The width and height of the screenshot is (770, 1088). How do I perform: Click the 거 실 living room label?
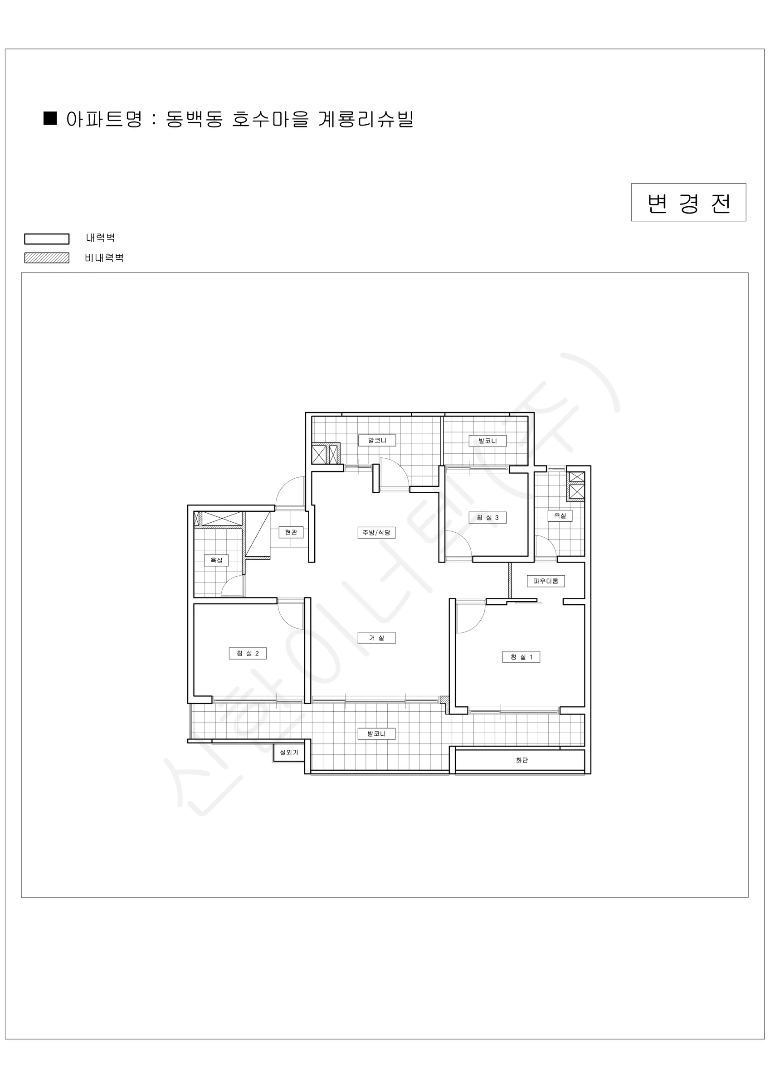(x=376, y=638)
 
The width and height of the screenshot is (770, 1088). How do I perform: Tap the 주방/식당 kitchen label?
(x=376, y=533)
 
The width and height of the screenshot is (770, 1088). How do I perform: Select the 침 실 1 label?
(x=521, y=657)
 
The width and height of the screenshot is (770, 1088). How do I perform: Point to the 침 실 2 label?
(x=248, y=653)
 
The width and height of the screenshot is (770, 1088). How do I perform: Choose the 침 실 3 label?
(x=488, y=517)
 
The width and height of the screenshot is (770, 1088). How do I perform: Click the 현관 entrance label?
(x=291, y=532)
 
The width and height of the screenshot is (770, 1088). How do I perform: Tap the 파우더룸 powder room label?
(x=546, y=581)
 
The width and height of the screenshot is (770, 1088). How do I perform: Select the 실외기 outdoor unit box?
(x=289, y=752)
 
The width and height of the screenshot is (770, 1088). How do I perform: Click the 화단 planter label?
(x=521, y=760)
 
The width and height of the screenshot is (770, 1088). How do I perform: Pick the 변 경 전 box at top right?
(x=688, y=202)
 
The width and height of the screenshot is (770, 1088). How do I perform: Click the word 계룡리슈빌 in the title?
(x=366, y=119)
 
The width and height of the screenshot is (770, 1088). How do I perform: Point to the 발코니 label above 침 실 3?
(x=488, y=441)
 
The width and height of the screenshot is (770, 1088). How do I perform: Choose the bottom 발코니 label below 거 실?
(x=376, y=734)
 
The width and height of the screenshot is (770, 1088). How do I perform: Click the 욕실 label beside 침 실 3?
(x=560, y=515)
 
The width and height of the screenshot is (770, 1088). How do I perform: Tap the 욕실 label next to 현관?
(x=216, y=560)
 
